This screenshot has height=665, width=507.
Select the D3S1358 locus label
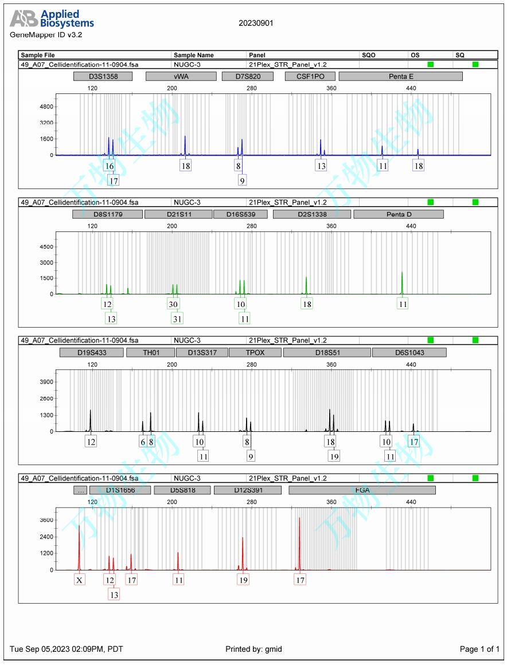pos(103,76)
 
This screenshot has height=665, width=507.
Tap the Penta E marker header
pos(400,76)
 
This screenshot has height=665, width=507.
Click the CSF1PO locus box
pos(310,76)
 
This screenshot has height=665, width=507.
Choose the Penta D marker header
pos(399,214)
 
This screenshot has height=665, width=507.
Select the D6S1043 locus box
pos(409,352)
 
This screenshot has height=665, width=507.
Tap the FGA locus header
pos(362,490)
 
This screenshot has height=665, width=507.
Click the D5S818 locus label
pos(182,490)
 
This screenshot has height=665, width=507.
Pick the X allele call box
pos(80,580)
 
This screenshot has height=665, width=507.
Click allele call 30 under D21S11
pos(173,304)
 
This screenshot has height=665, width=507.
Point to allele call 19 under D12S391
pos(243,580)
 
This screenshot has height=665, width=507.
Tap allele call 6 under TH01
pos(143,442)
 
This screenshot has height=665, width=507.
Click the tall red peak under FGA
pos(299,544)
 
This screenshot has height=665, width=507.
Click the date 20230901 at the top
pos(256,23)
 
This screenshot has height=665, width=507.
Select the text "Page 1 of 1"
pos(479,649)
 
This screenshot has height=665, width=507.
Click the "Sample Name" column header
pos(194,55)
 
